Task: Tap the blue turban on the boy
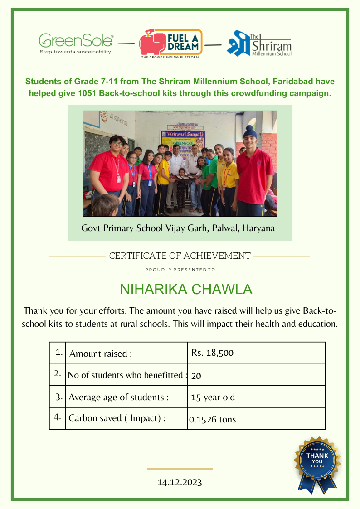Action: pyautogui.click(x=249, y=131)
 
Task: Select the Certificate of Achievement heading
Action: pyautogui.click(x=180, y=256)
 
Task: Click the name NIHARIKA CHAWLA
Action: pyautogui.click(x=186, y=290)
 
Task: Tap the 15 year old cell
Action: pyautogui.click(x=213, y=398)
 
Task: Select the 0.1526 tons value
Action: pyautogui.click(x=213, y=419)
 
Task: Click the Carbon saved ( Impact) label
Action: pyautogui.click(x=117, y=418)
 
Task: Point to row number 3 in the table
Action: pyautogui.click(x=58, y=397)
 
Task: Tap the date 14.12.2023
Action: pyautogui.click(x=180, y=482)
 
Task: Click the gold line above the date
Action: pyautogui.click(x=180, y=469)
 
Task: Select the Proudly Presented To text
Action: pyautogui.click(x=180, y=270)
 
